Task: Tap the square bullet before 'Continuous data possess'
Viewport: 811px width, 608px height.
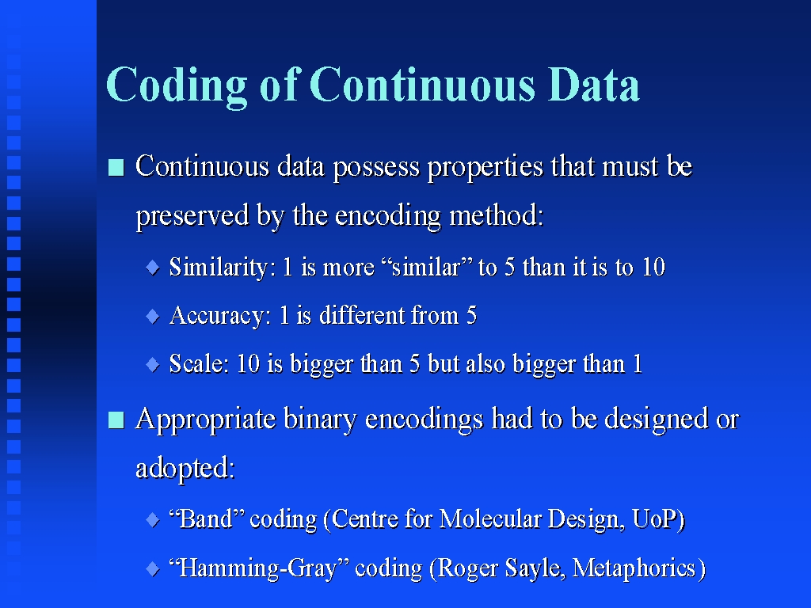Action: (116, 168)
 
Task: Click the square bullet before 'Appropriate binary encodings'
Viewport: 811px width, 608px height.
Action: (116, 420)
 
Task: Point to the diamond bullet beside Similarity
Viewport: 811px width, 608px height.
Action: (153, 268)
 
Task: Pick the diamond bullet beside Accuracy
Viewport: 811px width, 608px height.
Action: (153, 316)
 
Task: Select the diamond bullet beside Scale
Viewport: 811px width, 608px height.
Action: (153, 364)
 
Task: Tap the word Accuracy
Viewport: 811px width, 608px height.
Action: (220, 316)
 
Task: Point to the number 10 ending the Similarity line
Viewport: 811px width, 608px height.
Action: (653, 268)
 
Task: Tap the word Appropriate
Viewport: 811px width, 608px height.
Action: (205, 420)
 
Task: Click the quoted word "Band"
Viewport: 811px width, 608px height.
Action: (207, 519)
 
